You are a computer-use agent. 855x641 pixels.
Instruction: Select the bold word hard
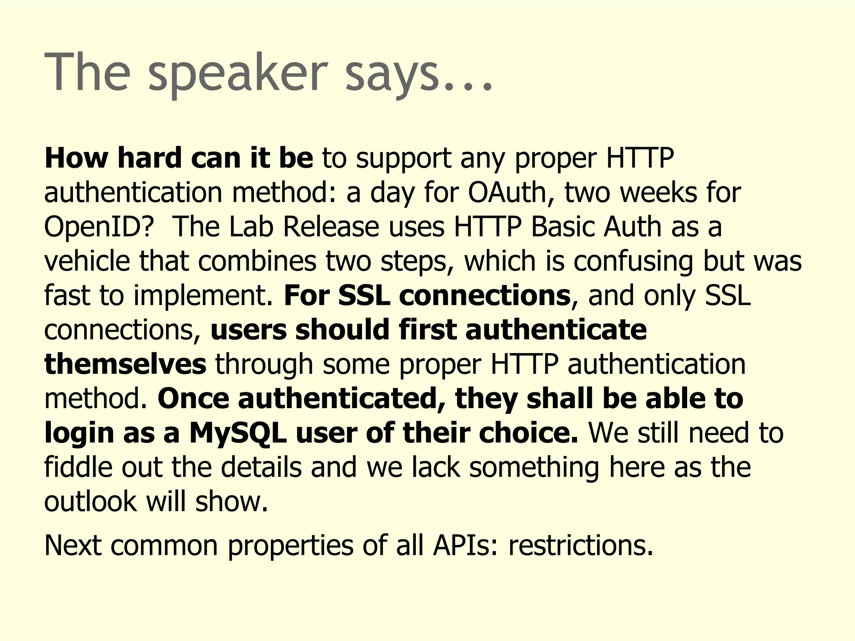tap(148, 159)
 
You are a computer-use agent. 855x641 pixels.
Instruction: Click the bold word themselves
tap(125, 364)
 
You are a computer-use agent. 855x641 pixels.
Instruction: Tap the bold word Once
tap(193, 399)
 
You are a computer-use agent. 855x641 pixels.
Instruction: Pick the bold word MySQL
tap(238, 433)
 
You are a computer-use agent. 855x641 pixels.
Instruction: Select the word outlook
tap(90, 502)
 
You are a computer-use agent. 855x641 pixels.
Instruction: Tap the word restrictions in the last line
tap(580, 546)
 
